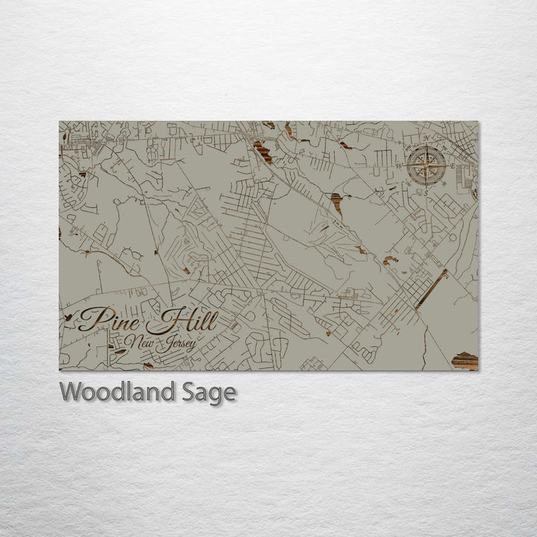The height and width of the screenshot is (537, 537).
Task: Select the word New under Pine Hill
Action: click(x=139, y=342)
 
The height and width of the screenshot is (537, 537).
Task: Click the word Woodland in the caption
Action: click(x=117, y=392)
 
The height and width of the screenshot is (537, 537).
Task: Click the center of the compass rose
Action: click(x=427, y=166)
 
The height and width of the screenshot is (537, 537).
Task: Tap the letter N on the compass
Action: click(x=427, y=139)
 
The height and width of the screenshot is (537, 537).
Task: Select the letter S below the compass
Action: click(x=426, y=192)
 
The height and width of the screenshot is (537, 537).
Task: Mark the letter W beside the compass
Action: click(x=400, y=166)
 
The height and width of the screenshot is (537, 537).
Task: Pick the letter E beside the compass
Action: click(x=453, y=166)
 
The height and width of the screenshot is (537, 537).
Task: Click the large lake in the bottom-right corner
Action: click(x=465, y=360)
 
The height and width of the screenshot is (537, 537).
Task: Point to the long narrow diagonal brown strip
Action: click(x=432, y=289)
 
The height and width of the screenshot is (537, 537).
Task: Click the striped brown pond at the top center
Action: click(x=262, y=151)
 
